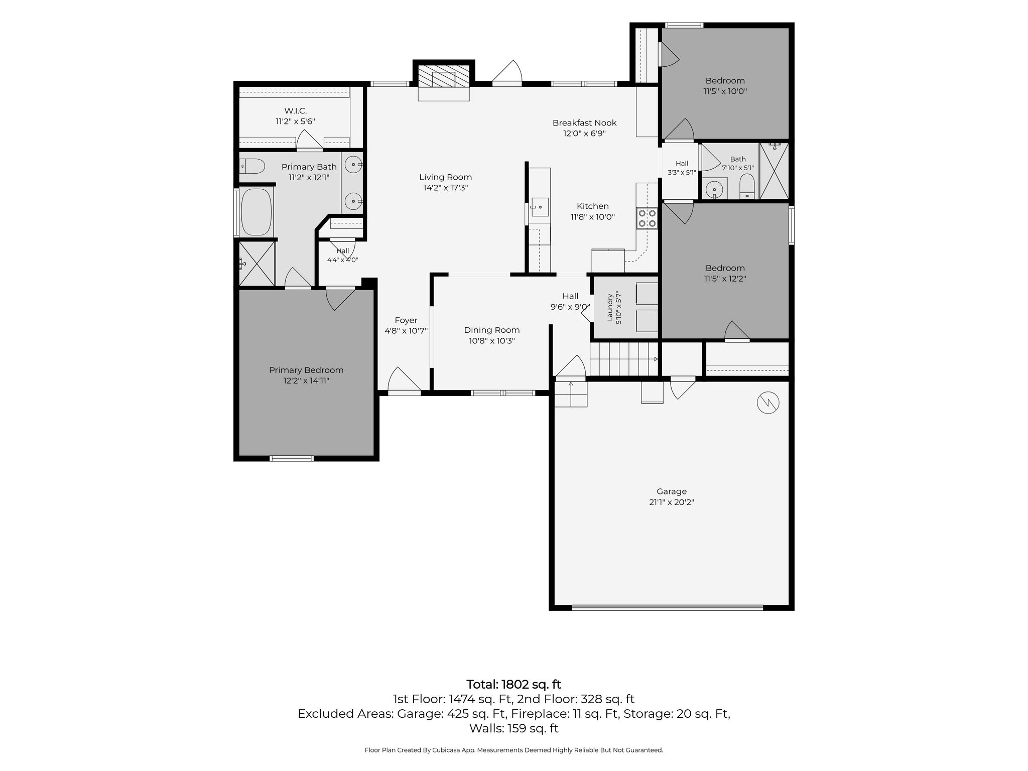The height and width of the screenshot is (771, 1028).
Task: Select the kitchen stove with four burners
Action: (647, 218)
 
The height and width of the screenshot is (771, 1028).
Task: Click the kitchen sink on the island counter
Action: (540, 207)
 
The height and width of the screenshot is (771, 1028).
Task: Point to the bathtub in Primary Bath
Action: (256, 212)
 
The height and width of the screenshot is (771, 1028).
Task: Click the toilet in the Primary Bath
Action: (252, 166)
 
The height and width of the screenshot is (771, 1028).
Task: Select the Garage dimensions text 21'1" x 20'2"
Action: (671, 502)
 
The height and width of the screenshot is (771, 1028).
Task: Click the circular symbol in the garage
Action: (768, 403)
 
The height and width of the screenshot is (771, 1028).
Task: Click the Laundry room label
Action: (610, 308)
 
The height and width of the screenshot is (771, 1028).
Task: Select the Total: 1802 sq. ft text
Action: (513, 684)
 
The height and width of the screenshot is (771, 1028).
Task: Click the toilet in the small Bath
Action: (747, 186)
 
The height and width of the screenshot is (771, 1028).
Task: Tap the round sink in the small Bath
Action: (714, 189)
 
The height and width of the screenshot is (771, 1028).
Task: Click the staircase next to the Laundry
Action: (624, 358)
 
